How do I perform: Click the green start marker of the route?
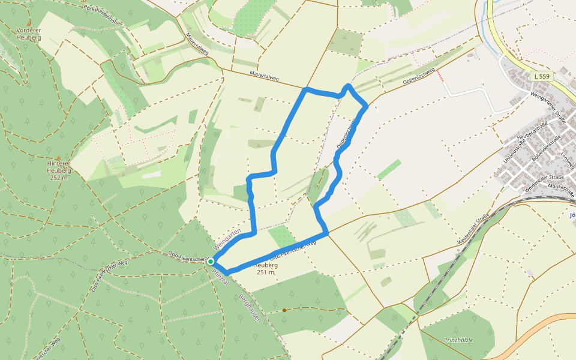pos(211,262)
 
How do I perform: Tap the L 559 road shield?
pos(541,76)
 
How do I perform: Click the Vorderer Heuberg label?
pos(28,34)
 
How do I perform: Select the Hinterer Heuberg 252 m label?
pos(58,170)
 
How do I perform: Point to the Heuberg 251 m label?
pos(265,268)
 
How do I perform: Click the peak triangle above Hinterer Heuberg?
pos(58,155)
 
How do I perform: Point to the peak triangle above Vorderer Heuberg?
pos(28,22)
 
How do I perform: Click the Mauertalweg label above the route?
pos(265,77)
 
